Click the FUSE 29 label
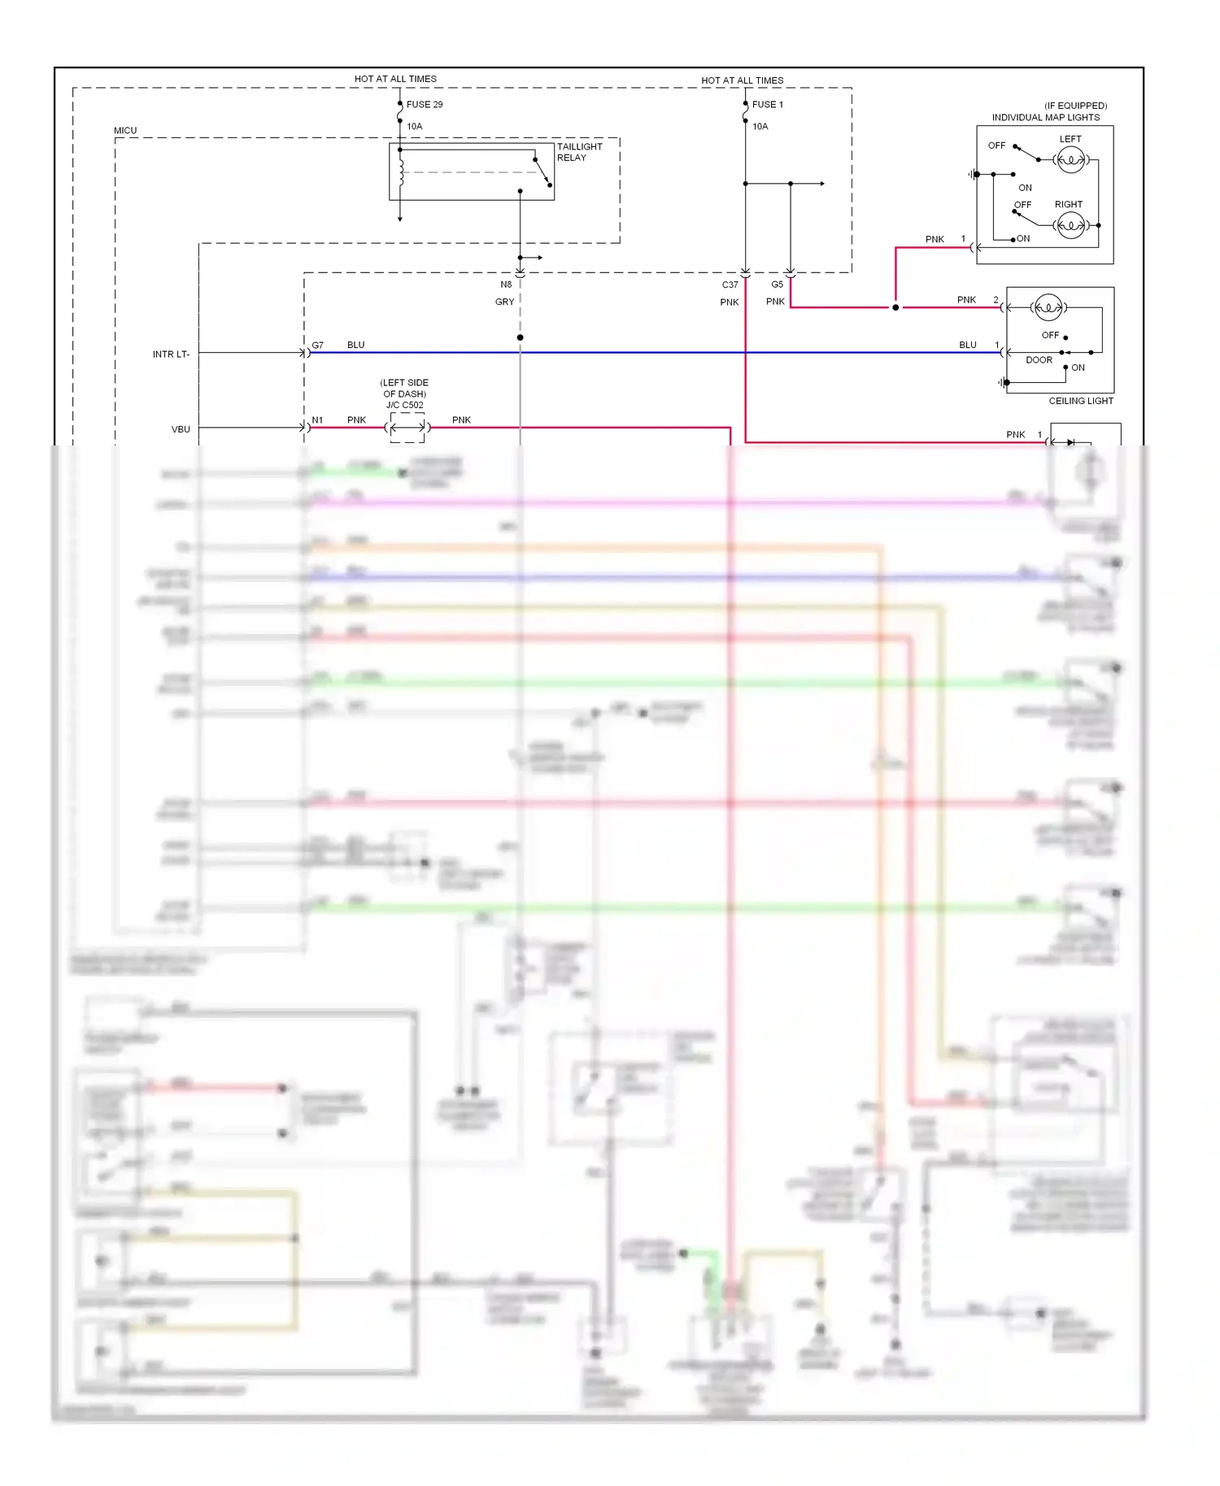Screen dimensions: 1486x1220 pyautogui.click(x=425, y=105)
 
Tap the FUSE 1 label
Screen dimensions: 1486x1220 pyautogui.click(x=767, y=105)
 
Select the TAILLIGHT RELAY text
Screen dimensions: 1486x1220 pyautogui.click(x=579, y=152)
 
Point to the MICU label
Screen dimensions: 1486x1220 pyautogui.click(x=125, y=131)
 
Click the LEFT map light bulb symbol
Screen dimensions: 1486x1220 pyautogui.click(x=1070, y=160)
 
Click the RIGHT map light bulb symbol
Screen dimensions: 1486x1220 pyautogui.click(x=1070, y=225)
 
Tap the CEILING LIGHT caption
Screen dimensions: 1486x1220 pyautogui.click(x=1080, y=401)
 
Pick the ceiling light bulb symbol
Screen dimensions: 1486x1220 pyautogui.click(x=1048, y=307)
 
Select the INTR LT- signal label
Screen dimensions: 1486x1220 pyautogui.click(x=171, y=354)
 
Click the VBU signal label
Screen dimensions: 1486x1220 pyautogui.click(x=181, y=429)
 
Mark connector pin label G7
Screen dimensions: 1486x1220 pyautogui.click(x=317, y=345)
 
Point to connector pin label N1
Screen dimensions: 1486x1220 pyautogui.click(x=317, y=420)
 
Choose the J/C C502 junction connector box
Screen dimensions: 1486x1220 pyautogui.click(x=407, y=428)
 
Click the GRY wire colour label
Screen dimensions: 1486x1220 pyautogui.click(x=504, y=302)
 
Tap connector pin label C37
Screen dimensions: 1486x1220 pyautogui.click(x=730, y=285)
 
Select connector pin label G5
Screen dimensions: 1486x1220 pyautogui.click(x=777, y=285)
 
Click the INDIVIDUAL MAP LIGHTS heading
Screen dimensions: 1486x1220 pyautogui.click(x=1045, y=118)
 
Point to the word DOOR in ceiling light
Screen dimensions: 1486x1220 pyautogui.click(x=1039, y=360)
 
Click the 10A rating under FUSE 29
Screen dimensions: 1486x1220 pyautogui.click(x=414, y=127)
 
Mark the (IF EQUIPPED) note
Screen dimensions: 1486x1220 pyautogui.click(x=1075, y=106)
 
